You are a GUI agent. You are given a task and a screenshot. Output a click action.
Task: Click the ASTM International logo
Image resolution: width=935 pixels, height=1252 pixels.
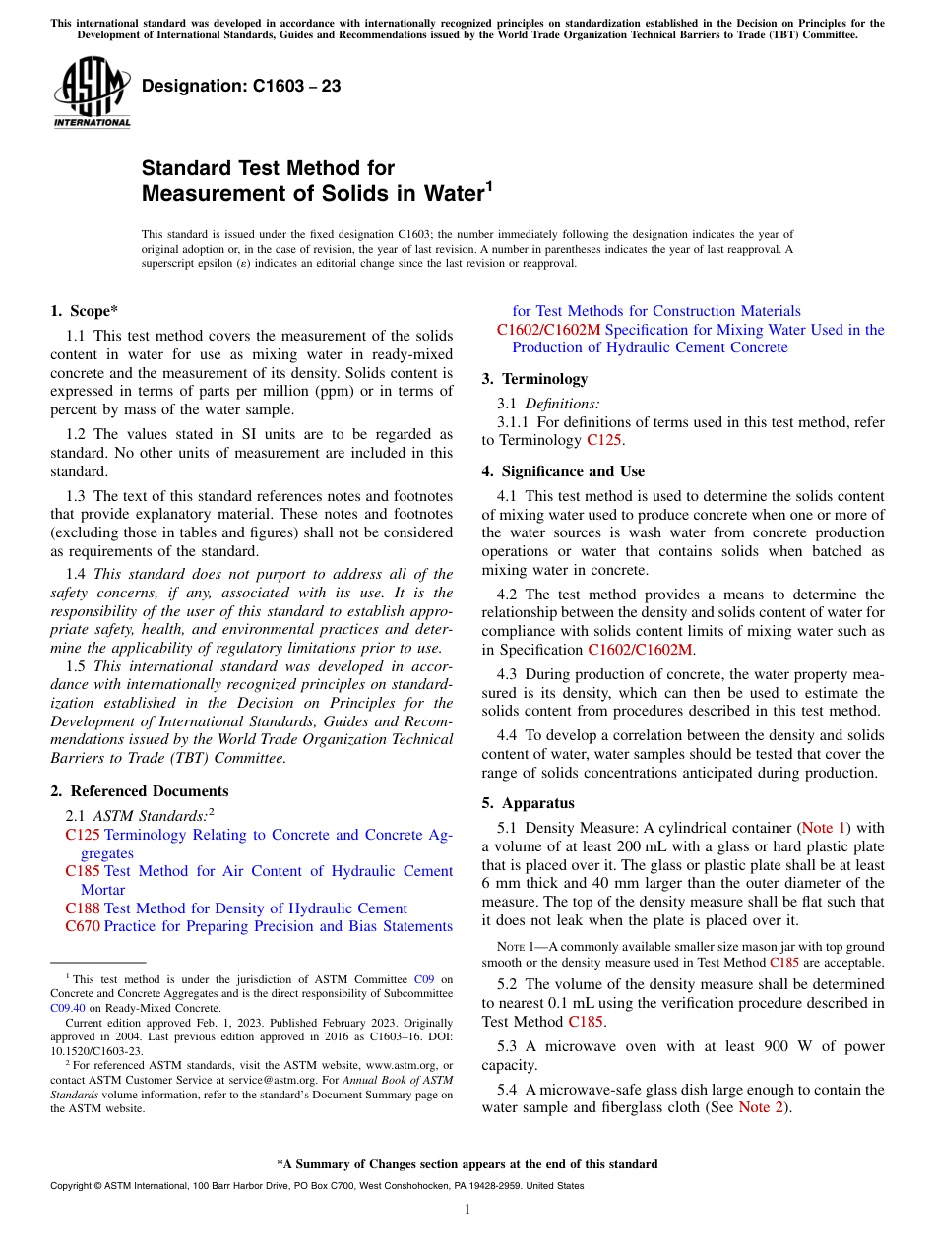coord(92,93)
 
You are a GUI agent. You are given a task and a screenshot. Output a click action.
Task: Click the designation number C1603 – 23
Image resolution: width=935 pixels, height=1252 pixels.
coord(241,87)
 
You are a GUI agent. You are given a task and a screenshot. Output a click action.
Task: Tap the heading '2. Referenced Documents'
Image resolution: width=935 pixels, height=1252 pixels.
coord(139,791)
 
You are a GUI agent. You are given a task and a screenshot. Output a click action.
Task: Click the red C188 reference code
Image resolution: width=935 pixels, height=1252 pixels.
coord(83,908)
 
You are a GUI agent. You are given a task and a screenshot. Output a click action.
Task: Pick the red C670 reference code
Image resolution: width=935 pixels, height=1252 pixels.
coord(83,926)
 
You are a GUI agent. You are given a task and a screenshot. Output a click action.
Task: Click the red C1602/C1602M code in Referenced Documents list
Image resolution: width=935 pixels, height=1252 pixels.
coord(548,330)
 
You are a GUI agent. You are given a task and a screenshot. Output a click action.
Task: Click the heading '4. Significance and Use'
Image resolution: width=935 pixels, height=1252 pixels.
coord(563,471)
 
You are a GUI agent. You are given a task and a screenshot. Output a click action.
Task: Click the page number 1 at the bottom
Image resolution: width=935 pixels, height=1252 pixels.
coord(467,1210)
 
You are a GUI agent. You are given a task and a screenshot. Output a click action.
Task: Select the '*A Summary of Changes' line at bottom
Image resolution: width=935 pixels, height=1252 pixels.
coord(467,1164)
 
